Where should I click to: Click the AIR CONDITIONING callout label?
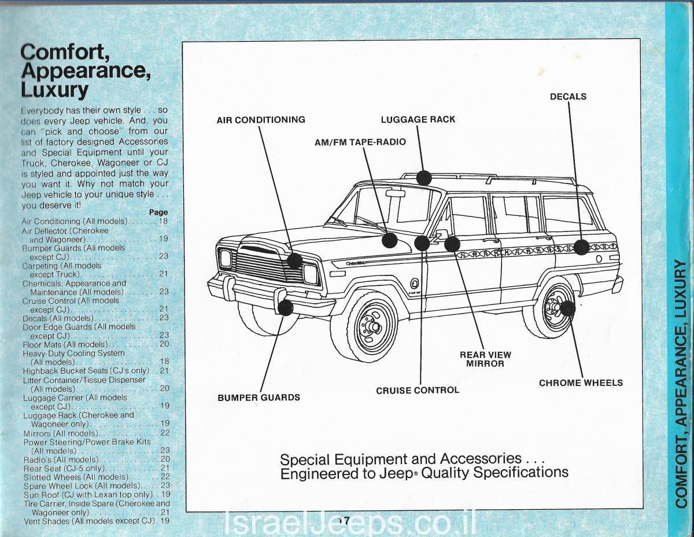click(261, 120)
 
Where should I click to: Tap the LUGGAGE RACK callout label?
click(418, 120)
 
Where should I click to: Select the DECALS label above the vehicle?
click(568, 97)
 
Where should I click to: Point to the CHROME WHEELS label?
click(581, 382)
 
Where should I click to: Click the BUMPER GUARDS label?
click(259, 398)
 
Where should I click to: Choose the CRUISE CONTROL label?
click(418, 390)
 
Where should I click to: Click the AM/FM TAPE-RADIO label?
click(360, 142)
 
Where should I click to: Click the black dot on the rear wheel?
click(567, 308)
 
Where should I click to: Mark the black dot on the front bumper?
click(285, 307)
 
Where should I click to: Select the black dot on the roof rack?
click(424, 178)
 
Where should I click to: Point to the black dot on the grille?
click(295, 260)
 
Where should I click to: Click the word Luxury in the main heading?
click(54, 90)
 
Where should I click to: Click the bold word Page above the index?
click(158, 212)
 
